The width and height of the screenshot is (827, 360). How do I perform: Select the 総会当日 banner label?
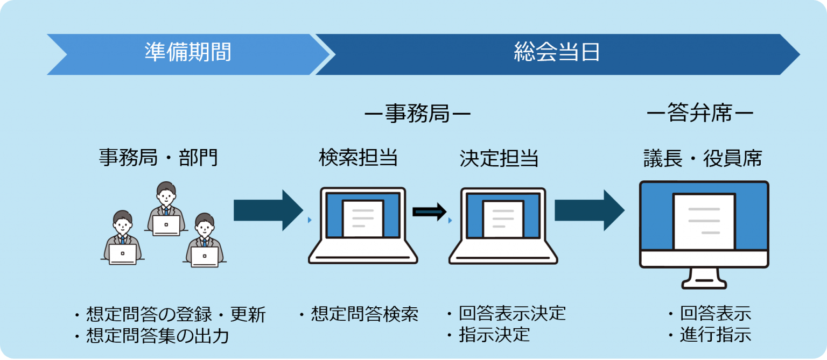click(x=556, y=53)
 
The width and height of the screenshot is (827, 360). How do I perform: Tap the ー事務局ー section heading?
click(x=417, y=115)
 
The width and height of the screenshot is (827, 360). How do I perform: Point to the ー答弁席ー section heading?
click(x=699, y=115)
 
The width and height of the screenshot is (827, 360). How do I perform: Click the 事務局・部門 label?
click(x=158, y=157)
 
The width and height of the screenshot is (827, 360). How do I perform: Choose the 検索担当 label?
click(x=358, y=158)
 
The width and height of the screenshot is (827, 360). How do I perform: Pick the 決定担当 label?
click(x=499, y=158)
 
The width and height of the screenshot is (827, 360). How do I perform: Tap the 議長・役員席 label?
click(x=703, y=158)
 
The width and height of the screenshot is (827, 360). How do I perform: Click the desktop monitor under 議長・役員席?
click(x=704, y=231)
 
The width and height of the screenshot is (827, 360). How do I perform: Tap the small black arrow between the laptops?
click(x=429, y=211)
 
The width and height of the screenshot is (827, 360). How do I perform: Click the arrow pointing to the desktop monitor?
click(x=589, y=210)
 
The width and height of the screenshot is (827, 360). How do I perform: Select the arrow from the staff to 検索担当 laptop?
click(x=268, y=210)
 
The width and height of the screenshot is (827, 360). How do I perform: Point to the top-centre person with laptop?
click(x=166, y=210)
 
